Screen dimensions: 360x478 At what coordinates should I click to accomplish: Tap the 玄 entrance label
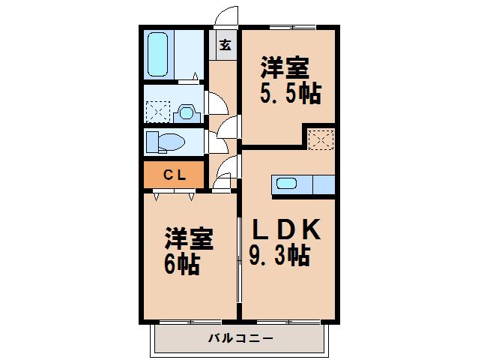pos(224,44)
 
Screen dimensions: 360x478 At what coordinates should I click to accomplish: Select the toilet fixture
pos(166,141)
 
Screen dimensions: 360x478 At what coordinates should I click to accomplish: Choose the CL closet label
pos(174,175)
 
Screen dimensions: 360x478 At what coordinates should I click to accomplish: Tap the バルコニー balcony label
pos(240,338)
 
